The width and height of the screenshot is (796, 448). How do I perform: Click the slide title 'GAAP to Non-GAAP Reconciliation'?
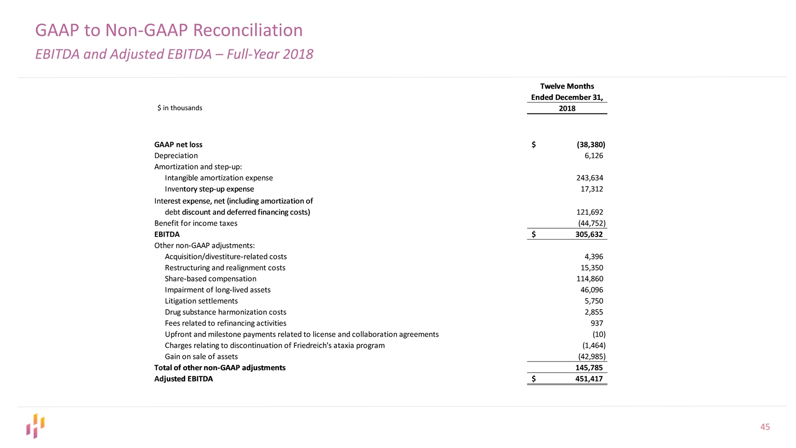pyautogui.click(x=169, y=30)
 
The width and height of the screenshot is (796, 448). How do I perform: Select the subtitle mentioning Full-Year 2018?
pyautogui.click(x=174, y=54)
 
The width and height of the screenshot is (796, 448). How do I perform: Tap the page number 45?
pyautogui.click(x=765, y=427)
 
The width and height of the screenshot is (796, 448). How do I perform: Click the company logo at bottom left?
pyautogui.click(x=36, y=426)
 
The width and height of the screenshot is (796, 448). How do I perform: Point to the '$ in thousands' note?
pyautogui.click(x=180, y=108)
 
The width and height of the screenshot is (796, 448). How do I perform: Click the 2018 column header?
pyautogui.click(x=567, y=108)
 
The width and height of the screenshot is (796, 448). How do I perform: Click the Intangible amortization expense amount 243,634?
pyautogui.click(x=589, y=178)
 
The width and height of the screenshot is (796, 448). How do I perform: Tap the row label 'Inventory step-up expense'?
pyautogui.click(x=209, y=189)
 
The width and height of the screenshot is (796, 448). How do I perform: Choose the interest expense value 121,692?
pyautogui.click(x=589, y=212)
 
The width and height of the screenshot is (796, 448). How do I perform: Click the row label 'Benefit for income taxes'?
pyautogui.click(x=196, y=223)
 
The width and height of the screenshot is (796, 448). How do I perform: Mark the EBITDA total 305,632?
pyautogui.click(x=589, y=234)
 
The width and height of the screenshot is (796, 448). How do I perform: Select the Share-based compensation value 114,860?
pyautogui.click(x=589, y=279)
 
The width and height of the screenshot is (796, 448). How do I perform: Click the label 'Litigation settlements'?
pyautogui.click(x=201, y=301)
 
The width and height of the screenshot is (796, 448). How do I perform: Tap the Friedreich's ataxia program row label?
pyautogui.click(x=275, y=345)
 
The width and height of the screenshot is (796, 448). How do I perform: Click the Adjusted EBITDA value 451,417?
pyautogui.click(x=589, y=379)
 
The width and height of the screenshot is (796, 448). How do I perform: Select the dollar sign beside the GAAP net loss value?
pyautogui.click(x=534, y=145)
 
